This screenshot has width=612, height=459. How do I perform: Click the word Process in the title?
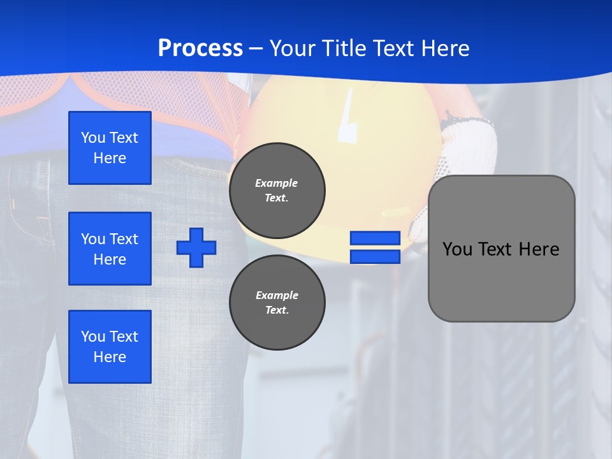[200, 48]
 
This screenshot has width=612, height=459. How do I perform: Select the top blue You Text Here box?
[110, 148]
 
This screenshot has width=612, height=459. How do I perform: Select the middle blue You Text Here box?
[110, 249]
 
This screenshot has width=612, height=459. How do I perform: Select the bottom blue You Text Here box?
[110, 347]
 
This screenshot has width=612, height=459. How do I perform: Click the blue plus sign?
[196, 247]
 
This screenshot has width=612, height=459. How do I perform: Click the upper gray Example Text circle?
[277, 191]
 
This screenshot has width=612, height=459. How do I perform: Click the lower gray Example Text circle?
[277, 302]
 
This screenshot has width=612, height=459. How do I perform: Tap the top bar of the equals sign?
[375, 238]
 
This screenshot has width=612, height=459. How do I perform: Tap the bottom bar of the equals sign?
[375, 257]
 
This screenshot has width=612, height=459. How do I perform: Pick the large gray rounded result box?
[502, 249]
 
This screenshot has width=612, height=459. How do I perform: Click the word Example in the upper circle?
[277, 183]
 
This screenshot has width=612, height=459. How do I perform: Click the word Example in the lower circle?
[277, 295]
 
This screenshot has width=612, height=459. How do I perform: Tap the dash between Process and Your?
[256, 49]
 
